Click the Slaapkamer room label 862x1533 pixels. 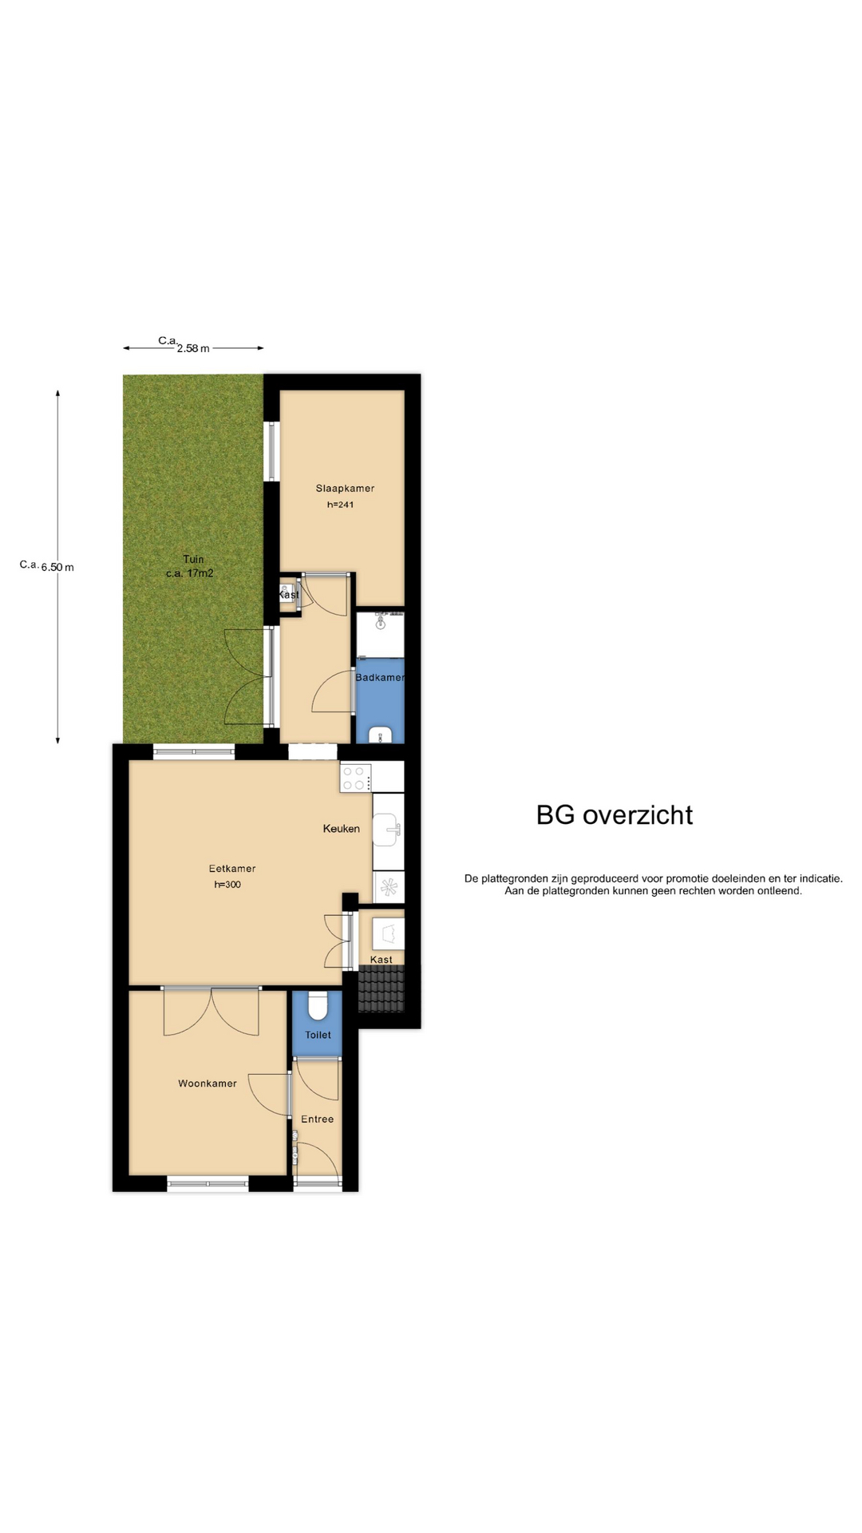point(345,488)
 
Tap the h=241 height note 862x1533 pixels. point(340,505)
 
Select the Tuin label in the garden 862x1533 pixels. point(193,559)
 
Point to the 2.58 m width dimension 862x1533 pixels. point(193,348)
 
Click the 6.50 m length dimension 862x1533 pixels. point(57,567)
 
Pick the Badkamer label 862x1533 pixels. point(380,677)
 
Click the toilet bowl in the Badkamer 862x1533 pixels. point(382,735)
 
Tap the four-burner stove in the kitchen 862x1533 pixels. point(356,778)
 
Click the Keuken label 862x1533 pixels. point(341,829)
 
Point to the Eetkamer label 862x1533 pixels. point(232,869)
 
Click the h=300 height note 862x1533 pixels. point(227,885)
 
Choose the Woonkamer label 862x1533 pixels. point(208,1083)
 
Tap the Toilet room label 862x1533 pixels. point(318,1035)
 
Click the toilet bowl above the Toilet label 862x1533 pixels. point(318,1006)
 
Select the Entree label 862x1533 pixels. point(317,1119)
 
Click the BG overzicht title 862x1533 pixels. point(615,814)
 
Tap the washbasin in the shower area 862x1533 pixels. point(382,621)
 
